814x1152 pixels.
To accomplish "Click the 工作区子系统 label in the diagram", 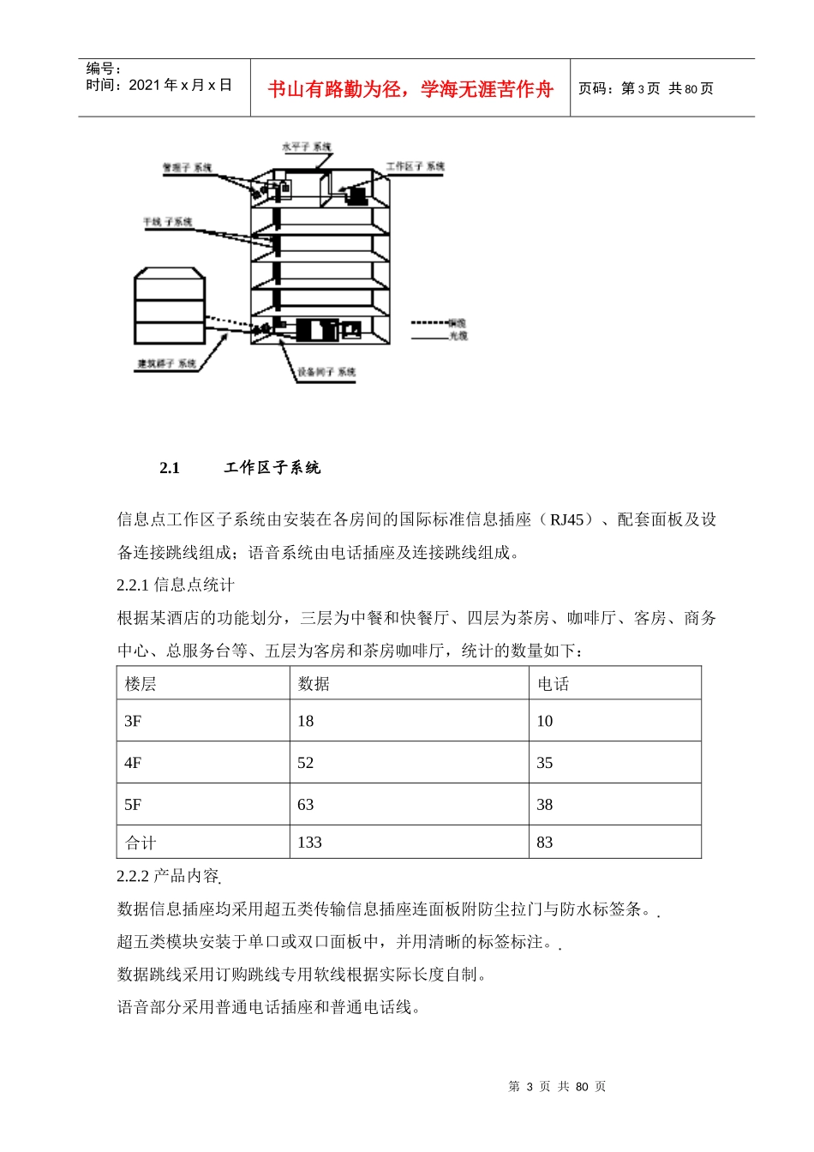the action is click(415, 166).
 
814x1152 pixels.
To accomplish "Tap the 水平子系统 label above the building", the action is click(306, 147).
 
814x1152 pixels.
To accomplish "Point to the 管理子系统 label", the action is click(187, 168).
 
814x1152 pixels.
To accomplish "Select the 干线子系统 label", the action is click(167, 222).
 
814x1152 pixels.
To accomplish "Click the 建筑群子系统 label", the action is click(166, 363).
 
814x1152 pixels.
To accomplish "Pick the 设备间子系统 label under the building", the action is click(326, 372).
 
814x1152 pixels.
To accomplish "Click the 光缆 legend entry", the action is click(458, 336).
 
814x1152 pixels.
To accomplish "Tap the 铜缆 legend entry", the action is click(458, 323).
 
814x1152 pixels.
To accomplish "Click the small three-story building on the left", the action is click(170, 306).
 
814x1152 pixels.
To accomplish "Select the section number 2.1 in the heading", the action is click(170, 468).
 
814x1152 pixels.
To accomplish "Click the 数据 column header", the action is click(314, 684).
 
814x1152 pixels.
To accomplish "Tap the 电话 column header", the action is click(553, 684).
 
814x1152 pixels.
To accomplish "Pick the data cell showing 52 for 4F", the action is click(306, 763).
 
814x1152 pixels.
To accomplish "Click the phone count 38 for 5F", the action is click(545, 805).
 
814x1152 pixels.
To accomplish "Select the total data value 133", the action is click(309, 843).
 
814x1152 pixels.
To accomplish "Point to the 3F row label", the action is click(133, 721).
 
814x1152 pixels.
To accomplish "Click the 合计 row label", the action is click(141, 843).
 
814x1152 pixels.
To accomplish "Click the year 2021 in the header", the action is click(145, 85).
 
